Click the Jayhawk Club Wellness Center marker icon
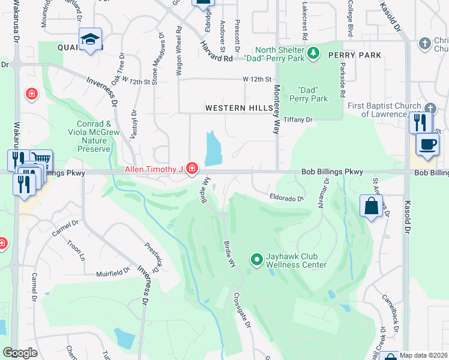coord(257,259)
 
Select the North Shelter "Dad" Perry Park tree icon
coord(312,54)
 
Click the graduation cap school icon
coord(91,40)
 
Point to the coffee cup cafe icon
coord(427,145)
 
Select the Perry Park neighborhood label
coord(355,55)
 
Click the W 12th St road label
coord(258,79)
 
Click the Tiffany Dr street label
coord(298,120)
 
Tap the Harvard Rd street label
coord(217,53)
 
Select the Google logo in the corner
coord(20,353)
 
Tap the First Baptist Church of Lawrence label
coord(378,110)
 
